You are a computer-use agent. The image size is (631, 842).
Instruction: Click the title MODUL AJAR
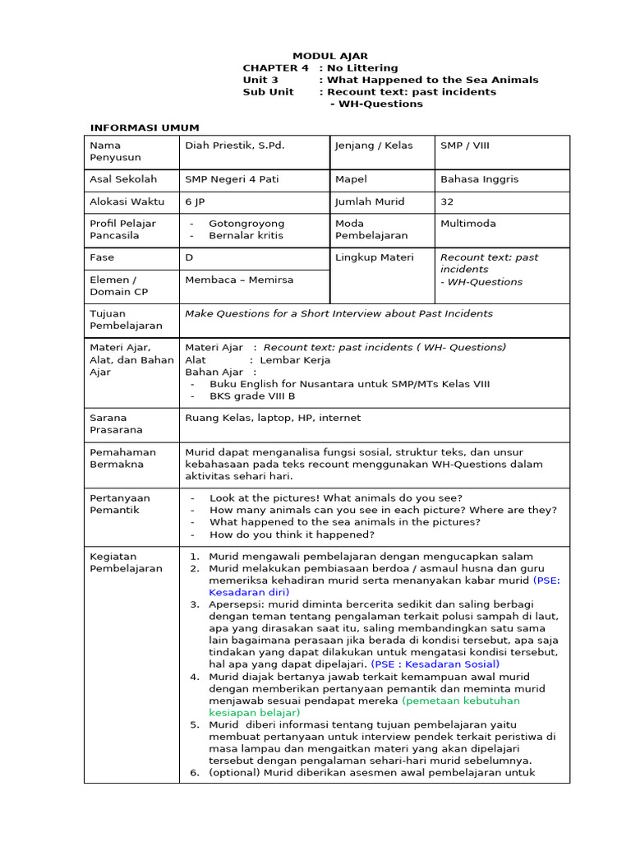pos(330,56)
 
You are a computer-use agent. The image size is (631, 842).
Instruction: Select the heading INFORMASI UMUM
pos(144,127)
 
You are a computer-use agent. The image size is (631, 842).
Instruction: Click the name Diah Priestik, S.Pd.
pos(234,146)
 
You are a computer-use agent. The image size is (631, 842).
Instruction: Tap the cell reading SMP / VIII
pos(464,146)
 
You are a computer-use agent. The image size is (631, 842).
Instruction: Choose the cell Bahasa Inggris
pos(479,179)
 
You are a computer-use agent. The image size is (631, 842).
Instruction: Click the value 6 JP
pos(195,201)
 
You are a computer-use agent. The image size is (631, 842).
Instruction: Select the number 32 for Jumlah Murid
pos(447,201)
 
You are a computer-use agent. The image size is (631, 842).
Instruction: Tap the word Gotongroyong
pos(246,224)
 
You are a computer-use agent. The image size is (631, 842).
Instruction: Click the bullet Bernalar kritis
pos(246,235)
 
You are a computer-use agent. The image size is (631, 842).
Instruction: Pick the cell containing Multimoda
pos(467,224)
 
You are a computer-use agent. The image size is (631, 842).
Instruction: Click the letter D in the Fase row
pos(189,257)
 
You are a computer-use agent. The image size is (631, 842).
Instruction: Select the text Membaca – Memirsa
pos(238,280)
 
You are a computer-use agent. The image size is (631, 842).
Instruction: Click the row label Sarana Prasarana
pos(116,423)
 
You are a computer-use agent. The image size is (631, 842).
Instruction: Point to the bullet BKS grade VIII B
pos(252,396)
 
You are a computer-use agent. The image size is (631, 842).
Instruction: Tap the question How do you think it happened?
pos(292,534)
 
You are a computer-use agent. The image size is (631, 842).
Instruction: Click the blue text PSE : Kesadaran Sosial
pos(435,664)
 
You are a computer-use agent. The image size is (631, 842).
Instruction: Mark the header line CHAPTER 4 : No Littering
pos(320,68)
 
